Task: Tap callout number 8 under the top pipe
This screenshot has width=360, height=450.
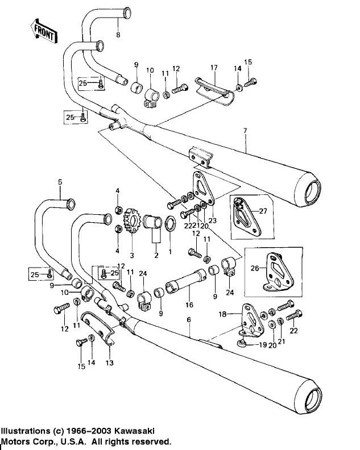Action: (x=118, y=35)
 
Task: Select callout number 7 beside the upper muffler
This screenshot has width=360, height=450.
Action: (x=246, y=131)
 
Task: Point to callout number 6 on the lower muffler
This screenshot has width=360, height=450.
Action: (x=188, y=322)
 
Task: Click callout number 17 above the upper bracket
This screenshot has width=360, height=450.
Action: (x=214, y=68)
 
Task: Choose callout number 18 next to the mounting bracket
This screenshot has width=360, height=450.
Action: (x=223, y=313)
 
